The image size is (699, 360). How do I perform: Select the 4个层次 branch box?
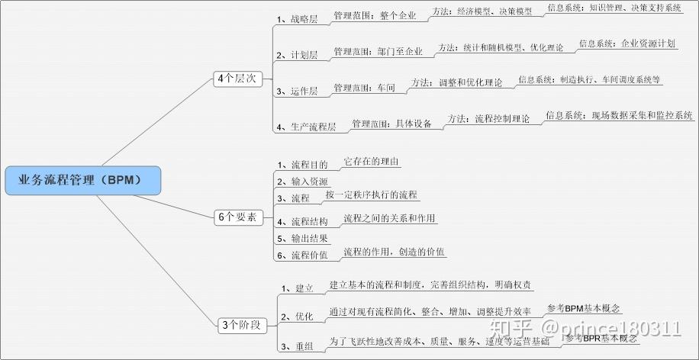(237, 79)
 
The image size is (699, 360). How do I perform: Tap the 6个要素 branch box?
(237, 217)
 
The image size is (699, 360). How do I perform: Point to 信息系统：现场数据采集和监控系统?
(619, 116)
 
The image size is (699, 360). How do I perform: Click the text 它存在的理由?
(372, 162)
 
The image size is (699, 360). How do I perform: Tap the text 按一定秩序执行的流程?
(372, 195)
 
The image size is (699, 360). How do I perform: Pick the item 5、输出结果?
(302, 238)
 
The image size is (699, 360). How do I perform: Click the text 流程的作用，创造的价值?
(395, 252)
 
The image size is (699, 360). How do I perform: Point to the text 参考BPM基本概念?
(585, 309)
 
